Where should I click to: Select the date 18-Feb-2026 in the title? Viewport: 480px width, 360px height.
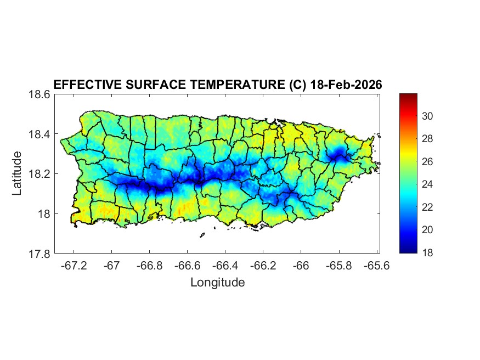tap(346, 85)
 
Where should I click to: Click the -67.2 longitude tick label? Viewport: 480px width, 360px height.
tap(74, 266)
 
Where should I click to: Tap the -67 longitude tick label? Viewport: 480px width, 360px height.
tap(112, 266)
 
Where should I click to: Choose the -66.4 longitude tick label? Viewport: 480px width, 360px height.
tap(225, 266)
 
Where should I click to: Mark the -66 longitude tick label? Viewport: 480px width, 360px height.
tap(301, 266)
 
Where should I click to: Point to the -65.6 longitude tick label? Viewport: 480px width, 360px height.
tap(377, 266)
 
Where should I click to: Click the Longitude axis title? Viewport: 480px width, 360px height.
tap(217, 283)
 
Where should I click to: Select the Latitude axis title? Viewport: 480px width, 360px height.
tap(18, 173)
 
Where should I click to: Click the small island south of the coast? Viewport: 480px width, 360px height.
tap(202, 235)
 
